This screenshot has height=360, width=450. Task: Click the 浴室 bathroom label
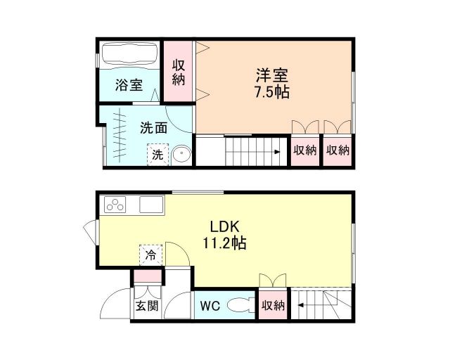(129, 86)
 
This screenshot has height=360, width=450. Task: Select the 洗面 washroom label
(153, 128)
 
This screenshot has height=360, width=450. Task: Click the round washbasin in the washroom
(181, 154)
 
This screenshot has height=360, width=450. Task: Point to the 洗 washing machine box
(158, 155)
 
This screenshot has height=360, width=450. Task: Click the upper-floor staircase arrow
(278, 150)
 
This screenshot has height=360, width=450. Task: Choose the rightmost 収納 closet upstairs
(338, 150)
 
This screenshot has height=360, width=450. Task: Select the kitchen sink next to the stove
(152, 205)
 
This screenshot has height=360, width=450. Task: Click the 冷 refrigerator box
(150, 254)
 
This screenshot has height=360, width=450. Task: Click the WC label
(210, 306)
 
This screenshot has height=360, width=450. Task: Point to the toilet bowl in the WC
(240, 305)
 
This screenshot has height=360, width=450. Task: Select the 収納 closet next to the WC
(273, 305)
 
